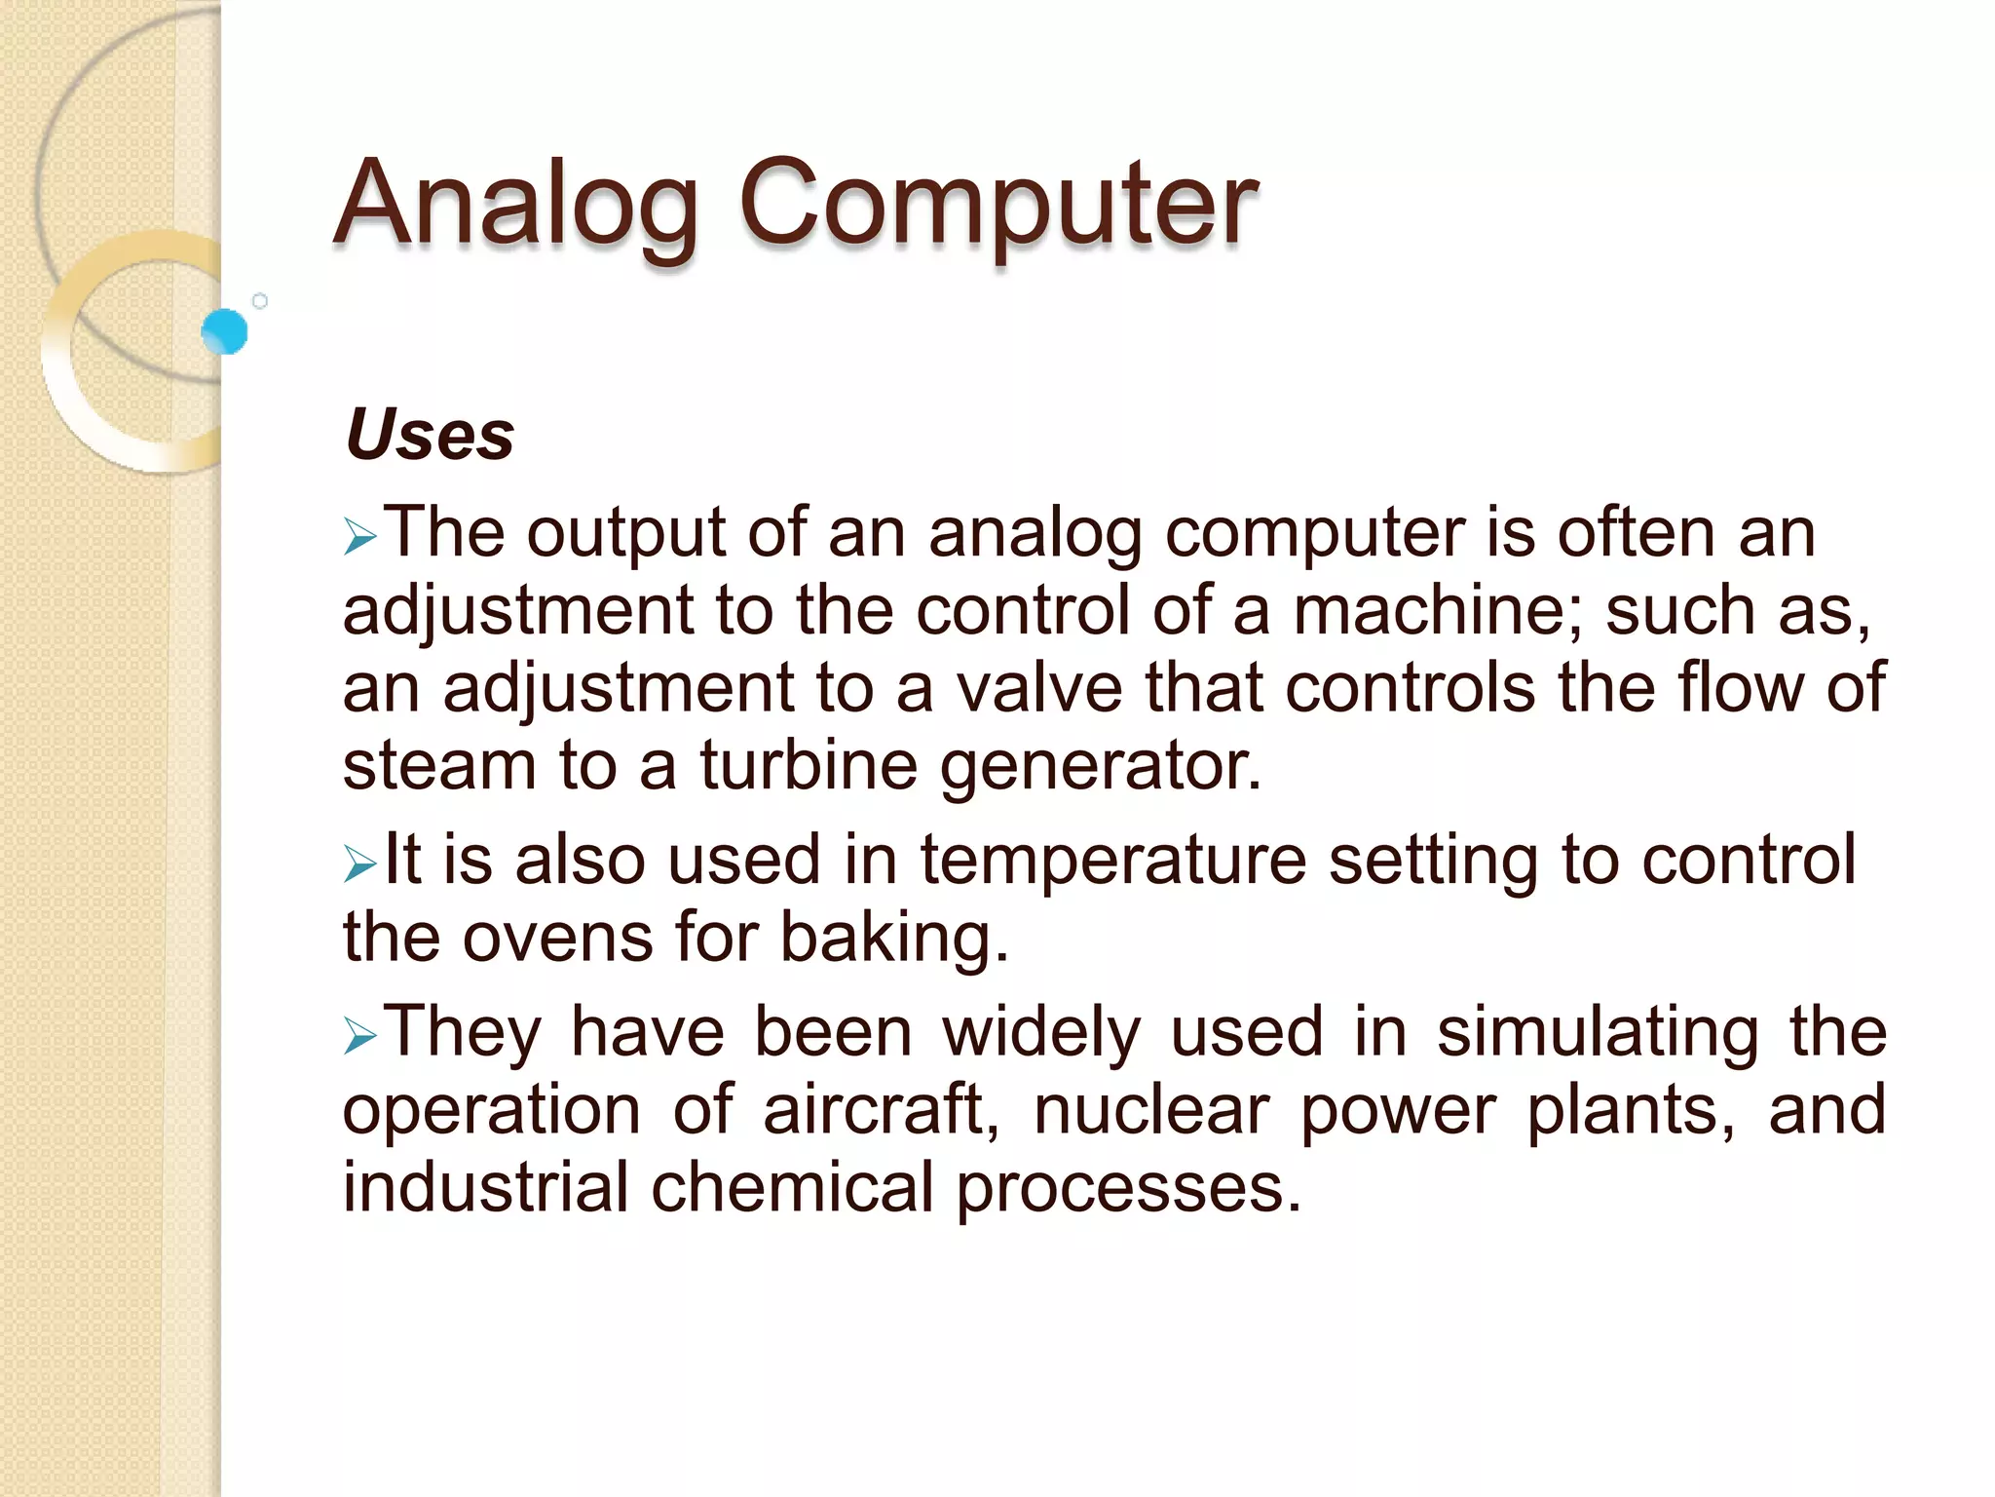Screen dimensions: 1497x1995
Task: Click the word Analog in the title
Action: [x=516, y=205]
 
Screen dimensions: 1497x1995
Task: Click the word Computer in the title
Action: [x=998, y=205]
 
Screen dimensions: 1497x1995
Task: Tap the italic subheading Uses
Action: [x=430, y=435]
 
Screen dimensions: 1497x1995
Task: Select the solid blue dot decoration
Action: [x=225, y=331]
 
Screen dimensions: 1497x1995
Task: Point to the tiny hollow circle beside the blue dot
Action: [x=260, y=301]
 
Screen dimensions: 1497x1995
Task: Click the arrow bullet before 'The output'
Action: [x=359, y=537]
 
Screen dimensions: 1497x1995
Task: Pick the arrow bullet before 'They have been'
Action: [x=359, y=1036]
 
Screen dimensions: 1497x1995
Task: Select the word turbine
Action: [x=809, y=765]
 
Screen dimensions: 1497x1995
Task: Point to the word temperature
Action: [x=1112, y=862]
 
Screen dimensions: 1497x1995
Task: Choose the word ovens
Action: [x=556, y=939]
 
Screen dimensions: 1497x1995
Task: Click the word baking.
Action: [x=894, y=940]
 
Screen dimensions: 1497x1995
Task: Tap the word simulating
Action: [x=1598, y=1032]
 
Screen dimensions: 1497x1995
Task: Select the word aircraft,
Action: [x=882, y=1110]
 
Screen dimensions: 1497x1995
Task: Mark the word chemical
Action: [x=792, y=1188]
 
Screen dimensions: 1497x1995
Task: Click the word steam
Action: [x=439, y=765]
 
